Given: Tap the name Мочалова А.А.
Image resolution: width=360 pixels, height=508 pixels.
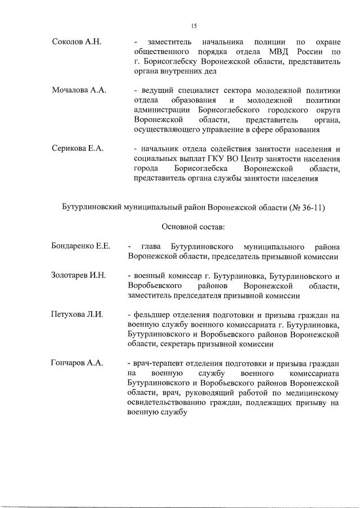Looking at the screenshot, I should (x=79, y=91).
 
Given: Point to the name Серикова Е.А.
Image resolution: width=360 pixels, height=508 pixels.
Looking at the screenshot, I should (x=77, y=149).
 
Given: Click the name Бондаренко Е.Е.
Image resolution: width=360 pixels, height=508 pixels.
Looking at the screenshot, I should (x=80, y=247).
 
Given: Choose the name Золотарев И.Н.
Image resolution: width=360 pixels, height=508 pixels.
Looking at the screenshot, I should (x=78, y=276).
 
